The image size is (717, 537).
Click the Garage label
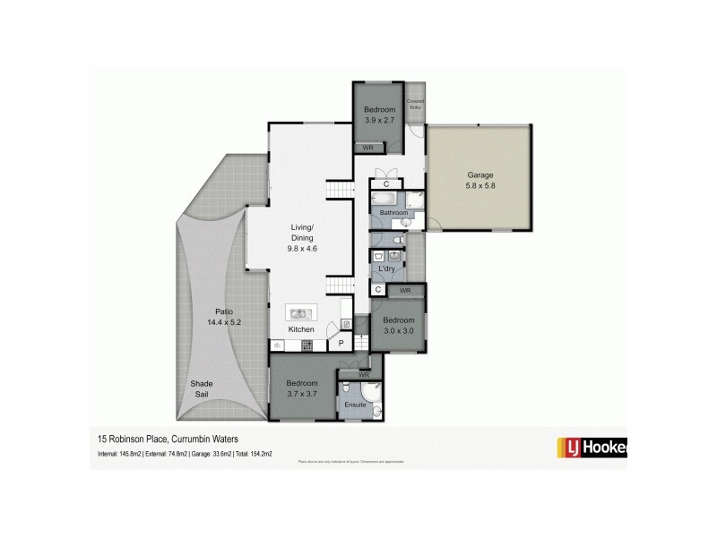pyautogui.click(x=479, y=175)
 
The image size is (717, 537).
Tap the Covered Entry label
pyautogui.click(x=415, y=105)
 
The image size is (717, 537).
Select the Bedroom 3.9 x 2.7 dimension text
pyautogui.click(x=378, y=119)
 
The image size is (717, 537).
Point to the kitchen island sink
pyautogui.click(x=299, y=313)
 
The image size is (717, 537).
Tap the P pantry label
pyautogui.click(x=341, y=343)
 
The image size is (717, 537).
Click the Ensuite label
pyautogui.click(x=356, y=405)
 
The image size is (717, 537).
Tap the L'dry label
pyautogui.click(x=387, y=268)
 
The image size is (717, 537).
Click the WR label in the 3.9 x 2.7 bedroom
pyautogui.click(x=367, y=147)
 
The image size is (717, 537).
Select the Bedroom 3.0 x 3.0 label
pyautogui.click(x=399, y=320)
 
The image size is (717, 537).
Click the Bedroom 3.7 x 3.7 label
pyautogui.click(x=302, y=383)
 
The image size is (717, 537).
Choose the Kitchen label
pyautogui.click(x=301, y=330)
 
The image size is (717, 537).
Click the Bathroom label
pyautogui.click(x=393, y=213)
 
